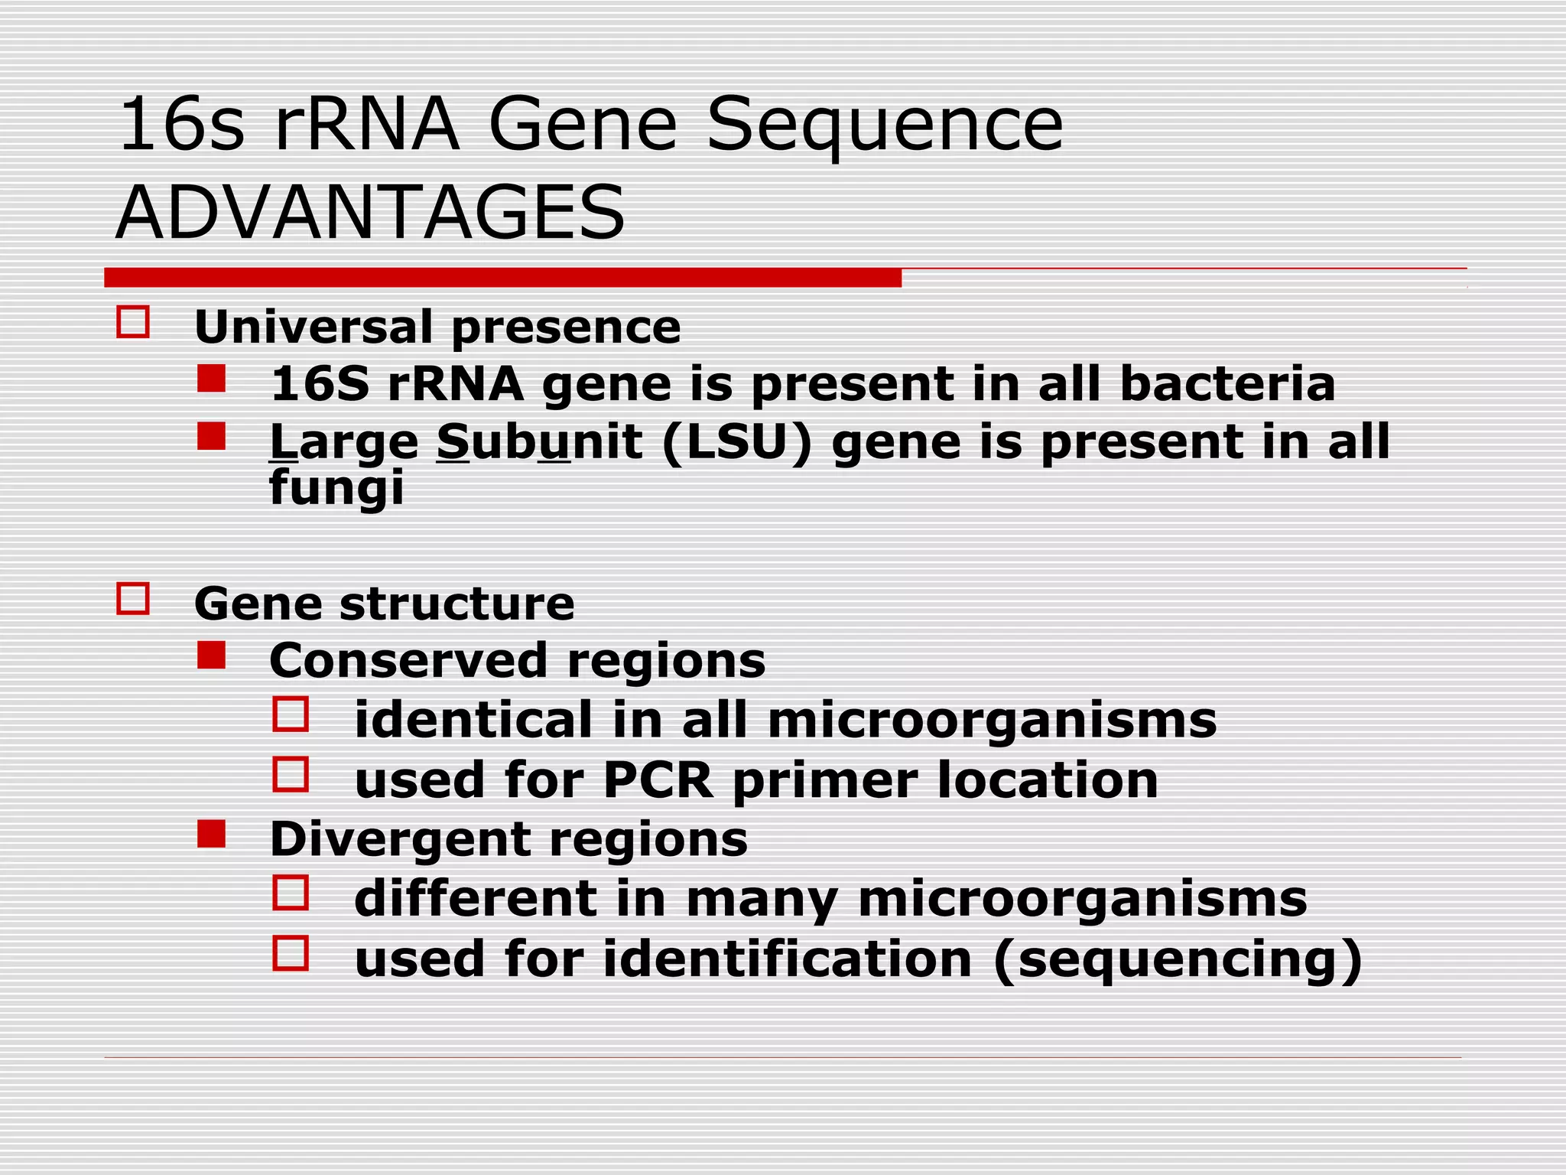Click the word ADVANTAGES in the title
click(370, 212)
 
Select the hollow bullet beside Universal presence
click(133, 322)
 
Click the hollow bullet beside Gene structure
click(133, 598)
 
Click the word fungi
click(336, 487)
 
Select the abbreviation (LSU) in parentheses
click(736, 441)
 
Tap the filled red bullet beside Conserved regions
click(211, 656)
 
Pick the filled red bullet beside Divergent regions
click(211, 834)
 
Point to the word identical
click(473, 720)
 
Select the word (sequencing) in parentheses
click(1178, 959)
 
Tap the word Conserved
click(408, 660)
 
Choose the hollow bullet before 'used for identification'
click(291, 953)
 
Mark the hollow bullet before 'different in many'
click(291, 893)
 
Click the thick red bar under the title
click(502, 278)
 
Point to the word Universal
click(314, 327)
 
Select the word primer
click(825, 781)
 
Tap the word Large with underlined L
click(344, 443)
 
